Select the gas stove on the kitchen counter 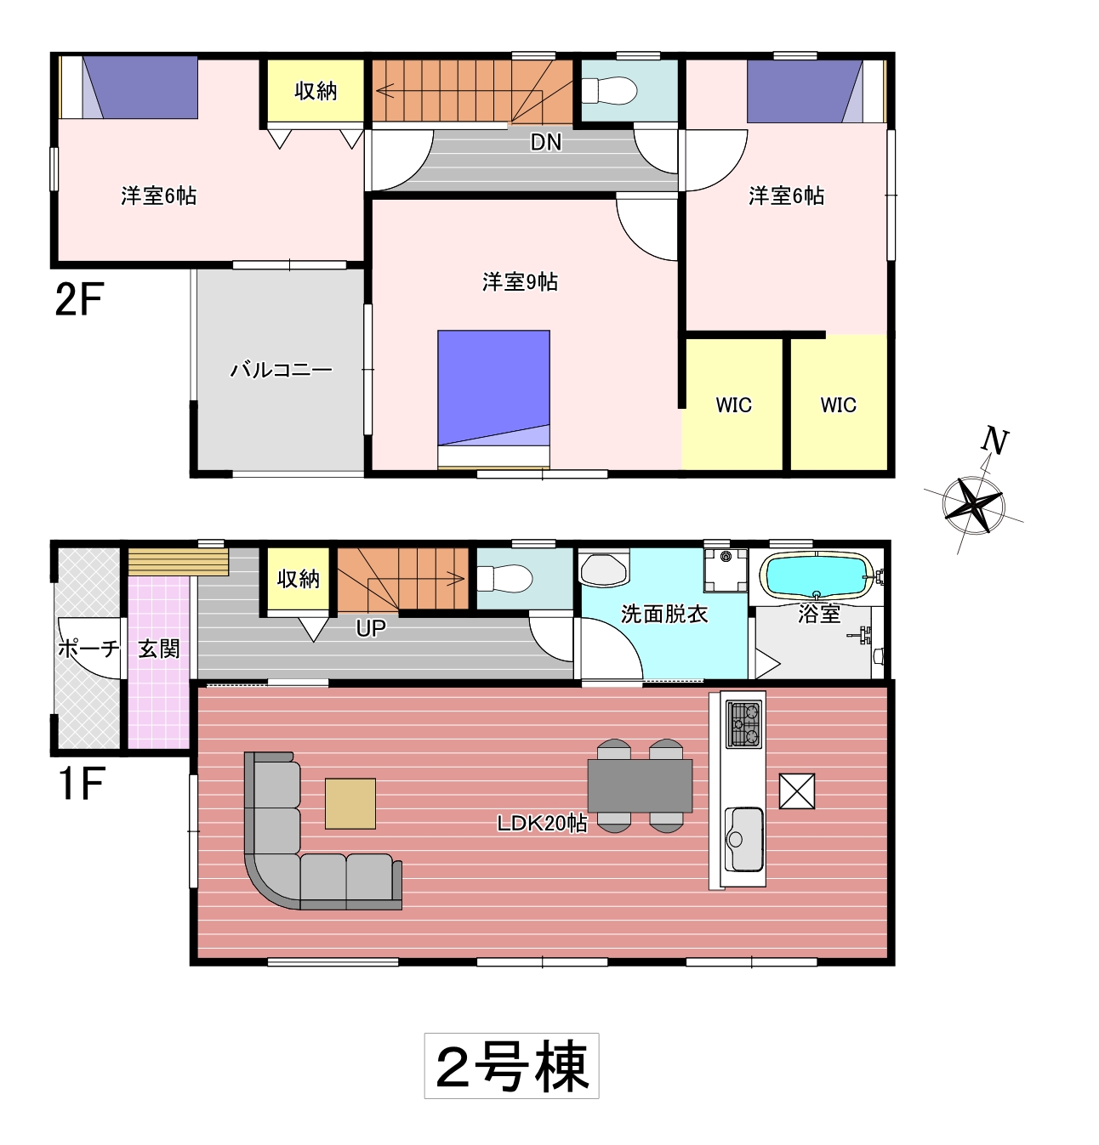[744, 724]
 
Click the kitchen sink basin [744, 840]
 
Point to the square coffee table [350, 804]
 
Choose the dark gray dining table [640, 785]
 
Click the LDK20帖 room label [542, 823]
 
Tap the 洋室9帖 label [520, 282]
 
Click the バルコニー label [282, 370]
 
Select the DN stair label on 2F [546, 142]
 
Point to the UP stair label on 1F [371, 628]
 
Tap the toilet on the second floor [609, 91]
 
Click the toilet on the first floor [504, 578]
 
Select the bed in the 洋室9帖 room [493, 400]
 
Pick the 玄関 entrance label [159, 649]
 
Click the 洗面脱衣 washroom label [664, 614]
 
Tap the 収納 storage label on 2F [316, 91]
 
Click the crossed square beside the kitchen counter [797, 791]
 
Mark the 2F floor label [79, 299]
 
